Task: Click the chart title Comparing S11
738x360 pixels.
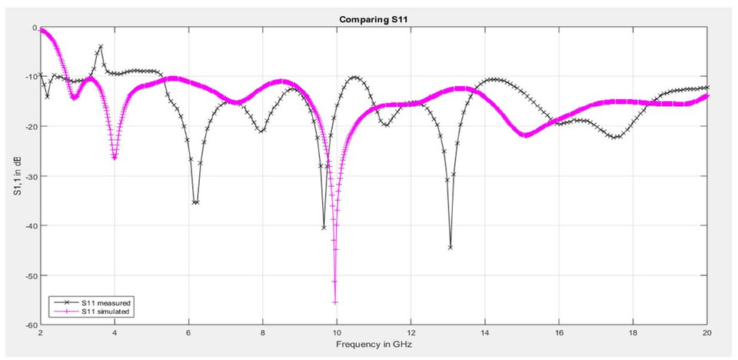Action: pos(373,19)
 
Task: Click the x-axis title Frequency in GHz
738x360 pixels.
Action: pos(373,345)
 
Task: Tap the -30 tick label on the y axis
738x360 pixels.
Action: pos(31,176)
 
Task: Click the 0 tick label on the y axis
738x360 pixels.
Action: pos(35,28)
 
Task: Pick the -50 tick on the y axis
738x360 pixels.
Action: pos(31,275)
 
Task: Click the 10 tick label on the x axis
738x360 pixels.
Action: pos(336,334)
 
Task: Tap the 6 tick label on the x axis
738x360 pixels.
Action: pos(188,334)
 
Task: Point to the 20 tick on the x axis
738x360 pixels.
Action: pos(706,334)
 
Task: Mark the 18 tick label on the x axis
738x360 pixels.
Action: pos(633,334)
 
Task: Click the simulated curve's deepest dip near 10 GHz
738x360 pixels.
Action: pos(335,302)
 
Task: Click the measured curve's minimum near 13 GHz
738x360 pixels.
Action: pos(450,247)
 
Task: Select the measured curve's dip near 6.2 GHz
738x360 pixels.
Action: pos(196,202)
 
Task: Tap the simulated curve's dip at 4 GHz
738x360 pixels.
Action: pos(115,158)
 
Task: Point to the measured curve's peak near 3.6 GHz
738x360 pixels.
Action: pos(100,46)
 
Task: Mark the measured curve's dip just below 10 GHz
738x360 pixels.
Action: pos(324,228)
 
